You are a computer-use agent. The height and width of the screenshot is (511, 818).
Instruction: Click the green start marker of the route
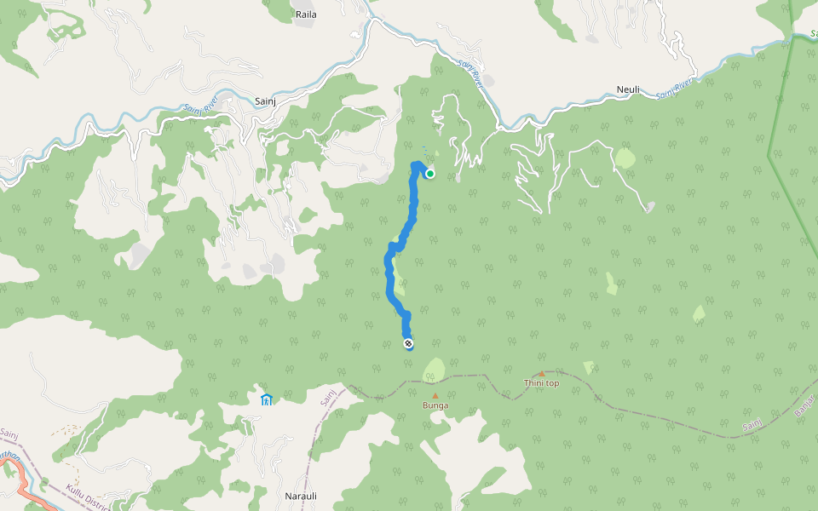(x=430, y=174)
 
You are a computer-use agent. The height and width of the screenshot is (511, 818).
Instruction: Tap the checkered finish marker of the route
(x=409, y=344)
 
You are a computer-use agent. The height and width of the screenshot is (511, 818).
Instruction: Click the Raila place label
(x=305, y=14)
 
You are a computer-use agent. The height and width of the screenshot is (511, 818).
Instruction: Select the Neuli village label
(x=627, y=89)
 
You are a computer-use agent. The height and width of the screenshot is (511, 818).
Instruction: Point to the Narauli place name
(x=300, y=495)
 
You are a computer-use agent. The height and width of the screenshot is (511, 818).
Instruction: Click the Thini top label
(x=541, y=383)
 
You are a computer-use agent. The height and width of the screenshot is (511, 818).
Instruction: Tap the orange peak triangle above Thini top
(x=541, y=373)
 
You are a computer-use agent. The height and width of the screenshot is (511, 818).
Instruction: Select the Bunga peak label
(x=435, y=405)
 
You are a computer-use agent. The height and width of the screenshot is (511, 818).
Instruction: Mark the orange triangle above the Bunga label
(x=435, y=395)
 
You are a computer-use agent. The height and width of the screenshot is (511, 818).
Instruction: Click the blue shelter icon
(x=266, y=399)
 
